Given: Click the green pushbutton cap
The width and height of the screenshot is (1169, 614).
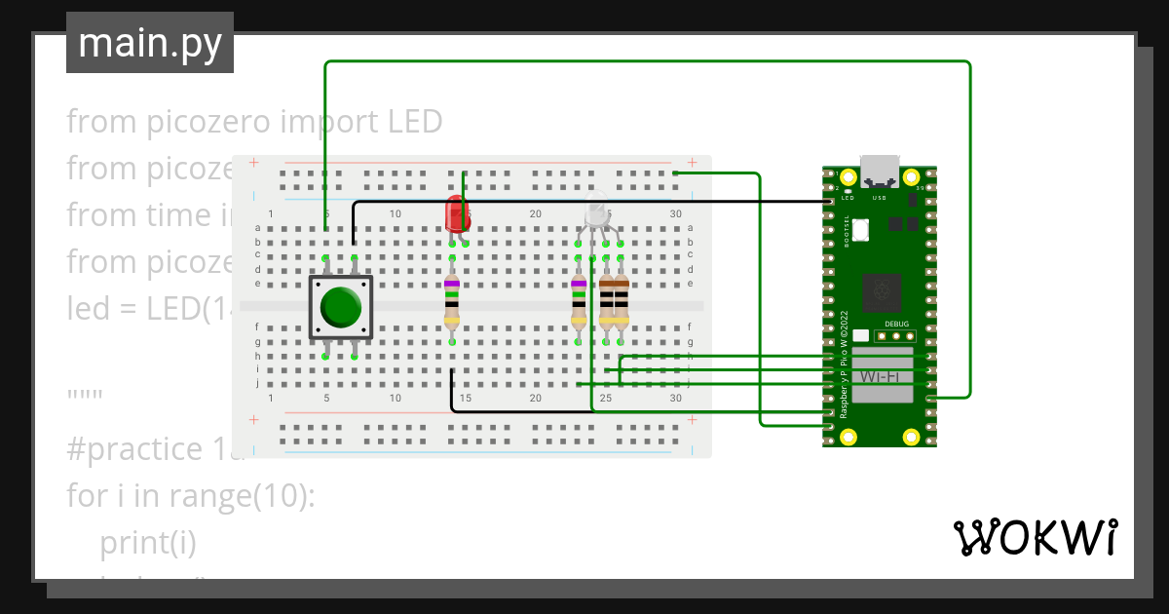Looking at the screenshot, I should (x=340, y=307).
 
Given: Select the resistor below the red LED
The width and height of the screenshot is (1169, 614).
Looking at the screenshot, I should (x=452, y=301).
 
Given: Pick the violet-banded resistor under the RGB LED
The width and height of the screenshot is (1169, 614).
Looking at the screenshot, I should (x=579, y=301).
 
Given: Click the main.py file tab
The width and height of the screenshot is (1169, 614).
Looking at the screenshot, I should (x=150, y=43).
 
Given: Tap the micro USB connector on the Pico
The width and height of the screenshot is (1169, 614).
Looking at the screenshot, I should (x=880, y=171).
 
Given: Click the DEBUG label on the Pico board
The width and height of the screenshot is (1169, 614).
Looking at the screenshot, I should (x=896, y=324).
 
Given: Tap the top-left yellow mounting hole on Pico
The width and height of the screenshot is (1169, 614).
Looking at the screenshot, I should (x=848, y=177).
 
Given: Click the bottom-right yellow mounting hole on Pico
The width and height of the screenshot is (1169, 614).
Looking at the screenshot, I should (x=912, y=435).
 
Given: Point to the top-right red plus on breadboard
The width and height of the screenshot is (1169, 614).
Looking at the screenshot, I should (x=691, y=163).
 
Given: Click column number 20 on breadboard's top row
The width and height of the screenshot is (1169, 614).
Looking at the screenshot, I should (x=535, y=213).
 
